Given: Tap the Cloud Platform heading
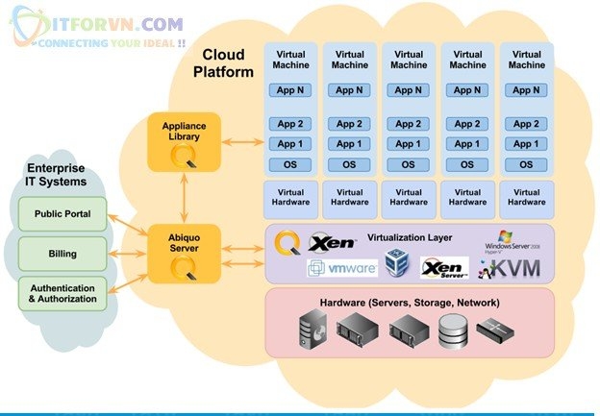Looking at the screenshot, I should pos(223,63).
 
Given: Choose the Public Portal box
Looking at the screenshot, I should pos(62,213).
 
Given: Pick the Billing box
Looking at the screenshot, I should pos(62,255).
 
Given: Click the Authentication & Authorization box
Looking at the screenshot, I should pos(62,293).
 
